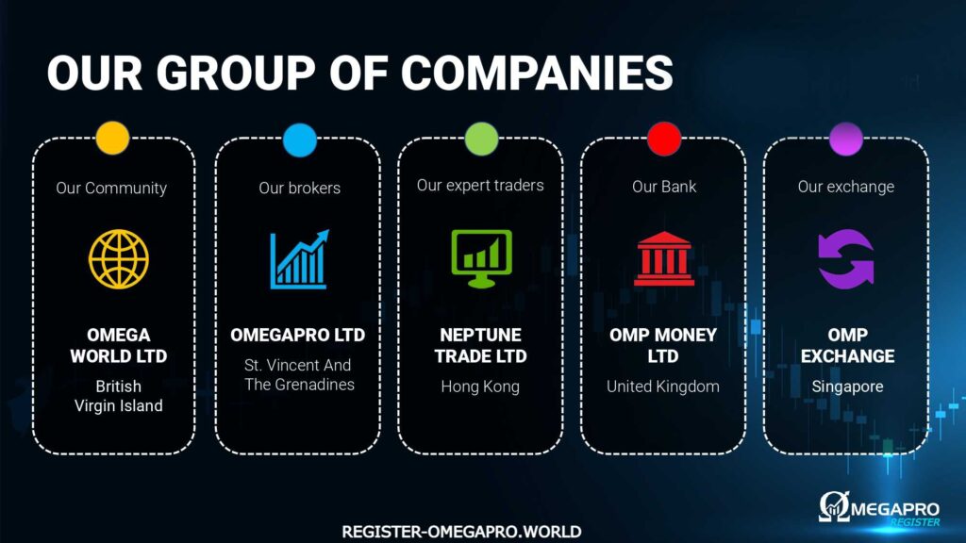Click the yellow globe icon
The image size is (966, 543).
click(x=119, y=259)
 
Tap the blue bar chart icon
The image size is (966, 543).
click(x=299, y=259)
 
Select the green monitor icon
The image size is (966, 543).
click(x=481, y=258)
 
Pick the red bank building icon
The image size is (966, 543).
click(x=663, y=258)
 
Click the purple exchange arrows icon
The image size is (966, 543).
click(x=846, y=259)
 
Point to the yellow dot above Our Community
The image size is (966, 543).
click(x=113, y=138)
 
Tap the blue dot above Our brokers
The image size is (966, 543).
click(x=300, y=140)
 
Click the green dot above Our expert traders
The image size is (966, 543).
click(x=481, y=139)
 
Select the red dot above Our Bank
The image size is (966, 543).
click(x=664, y=139)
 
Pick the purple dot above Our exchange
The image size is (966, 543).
click(x=846, y=139)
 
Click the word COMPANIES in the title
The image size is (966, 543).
click(x=537, y=73)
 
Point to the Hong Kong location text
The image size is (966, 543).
click(x=480, y=387)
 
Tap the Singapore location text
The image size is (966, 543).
click(x=847, y=387)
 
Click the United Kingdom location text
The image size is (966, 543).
click(x=663, y=387)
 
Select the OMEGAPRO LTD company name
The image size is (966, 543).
click(x=297, y=335)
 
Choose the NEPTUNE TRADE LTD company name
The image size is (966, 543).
click(x=480, y=345)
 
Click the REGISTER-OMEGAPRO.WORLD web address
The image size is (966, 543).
click(x=461, y=532)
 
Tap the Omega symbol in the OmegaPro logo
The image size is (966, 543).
click(x=834, y=506)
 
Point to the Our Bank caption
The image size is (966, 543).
click(x=664, y=187)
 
